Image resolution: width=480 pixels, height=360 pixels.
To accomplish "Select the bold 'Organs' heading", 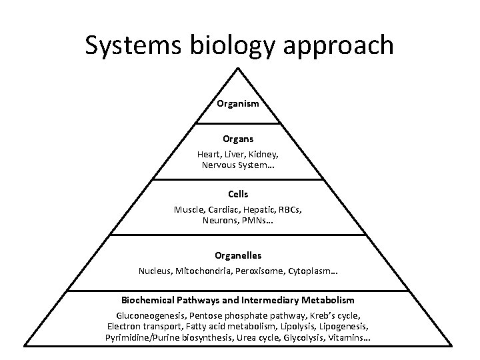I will click(238, 141).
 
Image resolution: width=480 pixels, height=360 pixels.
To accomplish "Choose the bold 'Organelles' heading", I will click(238, 255).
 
